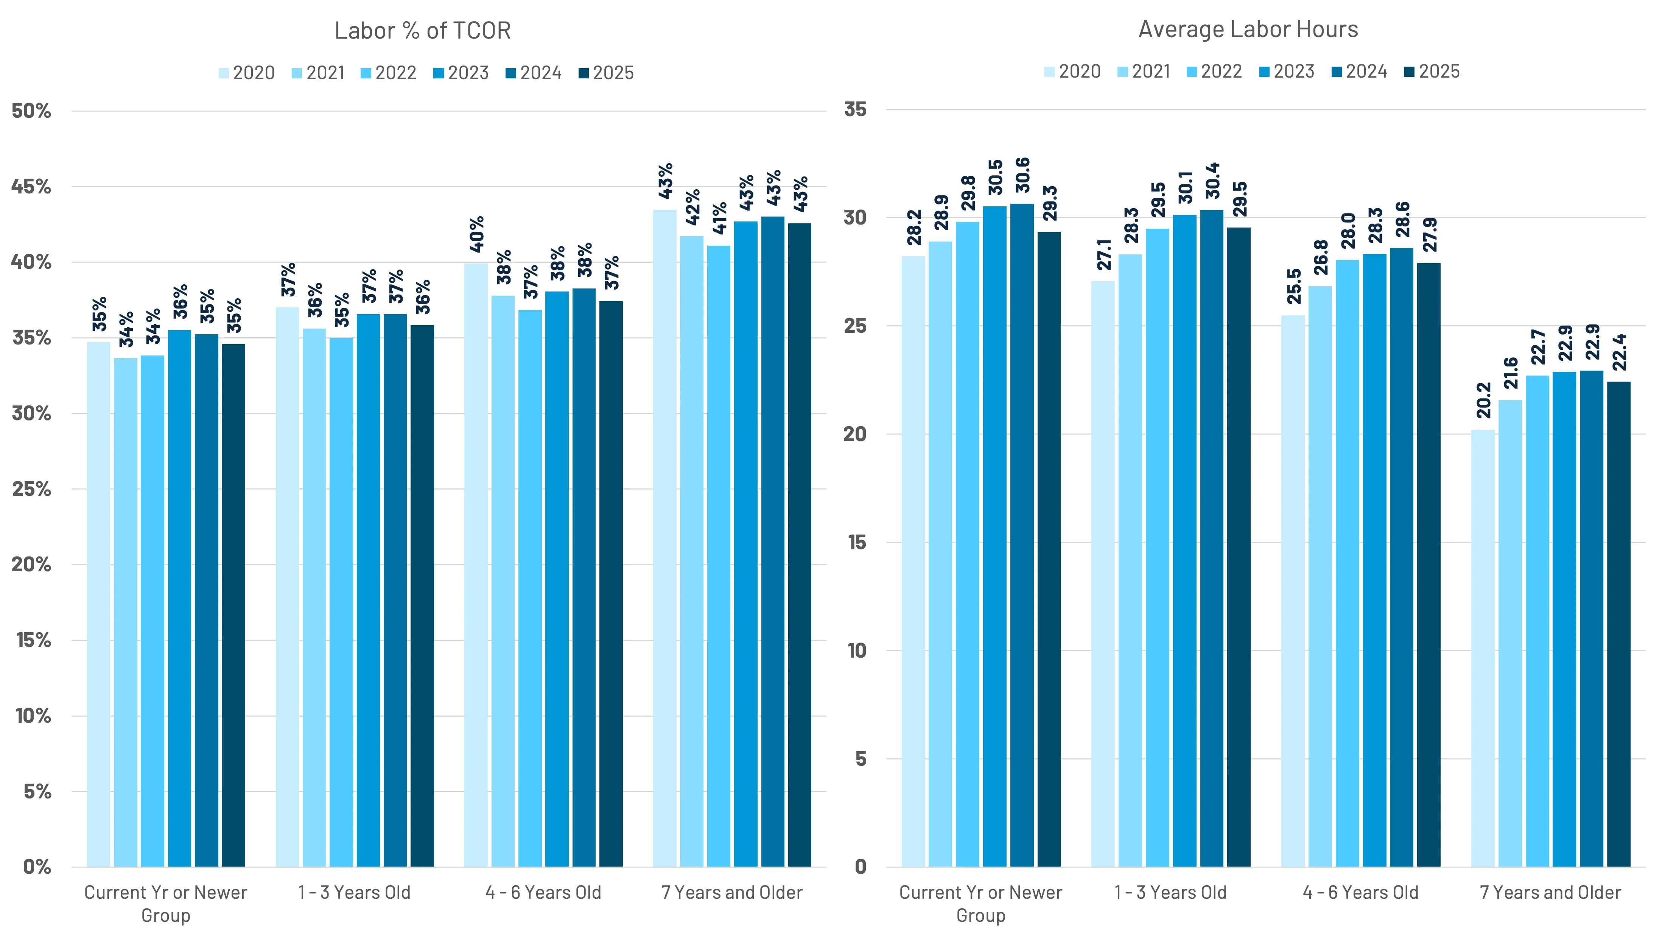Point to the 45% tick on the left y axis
[x=31, y=187]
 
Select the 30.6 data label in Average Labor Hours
[x=1022, y=175]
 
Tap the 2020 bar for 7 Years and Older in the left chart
[x=664, y=537]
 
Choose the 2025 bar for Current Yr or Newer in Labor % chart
[x=233, y=605]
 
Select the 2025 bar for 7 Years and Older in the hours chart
[x=1618, y=624]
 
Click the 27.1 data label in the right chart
[x=1103, y=255]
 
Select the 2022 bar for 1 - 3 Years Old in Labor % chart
[x=341, y=602]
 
